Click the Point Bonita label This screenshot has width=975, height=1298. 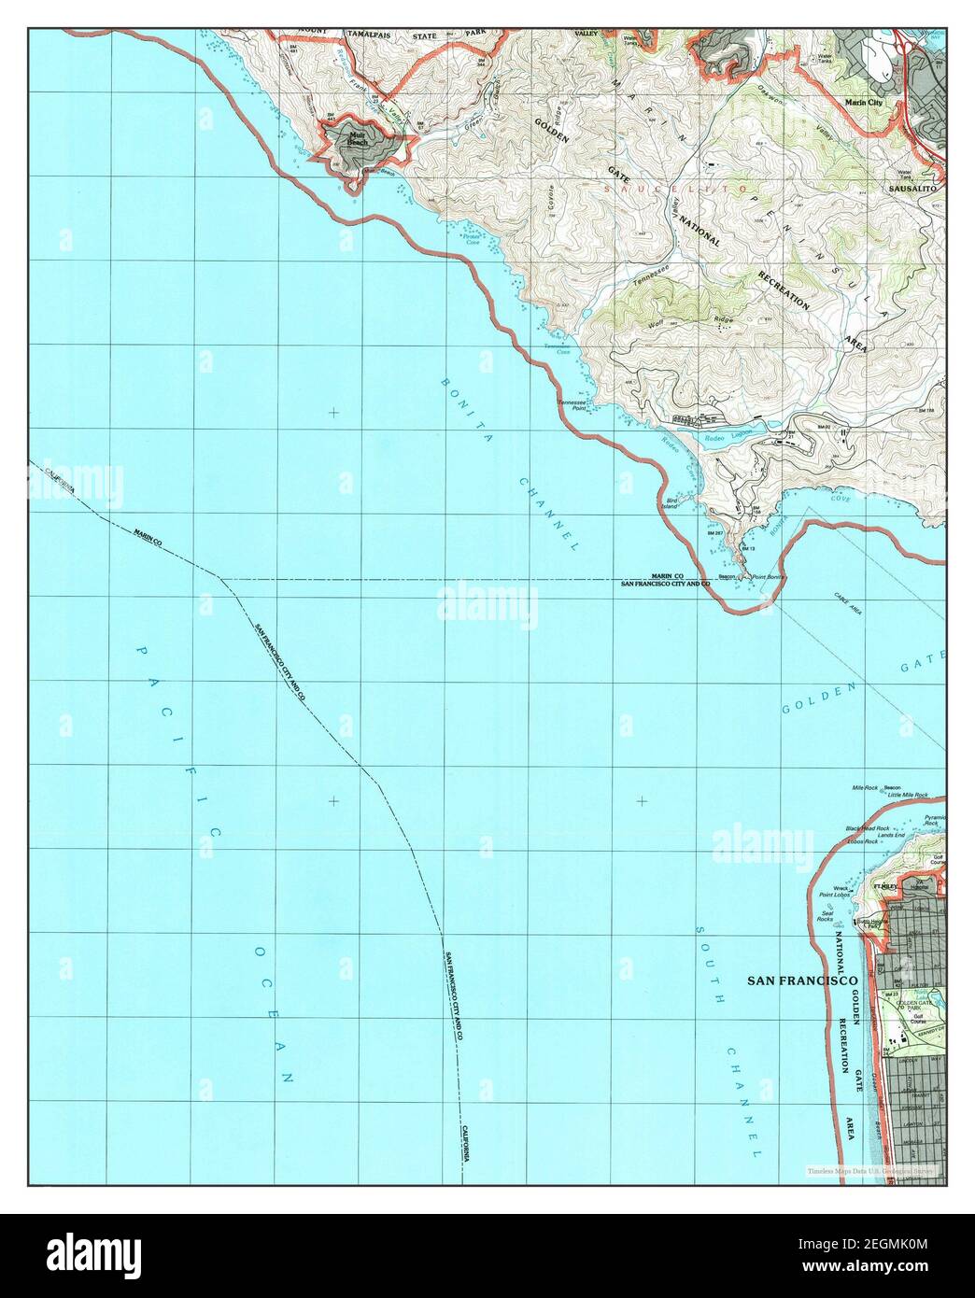765,578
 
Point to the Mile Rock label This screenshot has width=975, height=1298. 865,788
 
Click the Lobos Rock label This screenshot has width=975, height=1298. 863,842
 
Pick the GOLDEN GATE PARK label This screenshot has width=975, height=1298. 907,1009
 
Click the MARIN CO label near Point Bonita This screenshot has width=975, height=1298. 667,576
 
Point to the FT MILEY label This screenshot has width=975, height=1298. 883,884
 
